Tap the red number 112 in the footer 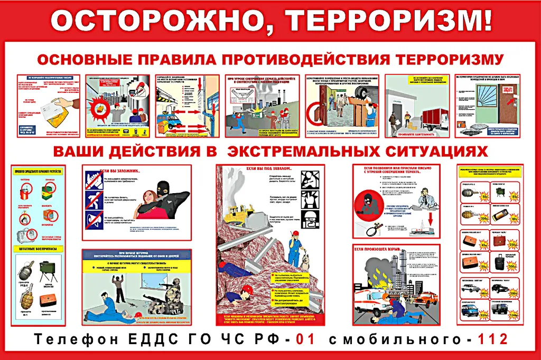coord(492,339)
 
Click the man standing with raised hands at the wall coord(119,289)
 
